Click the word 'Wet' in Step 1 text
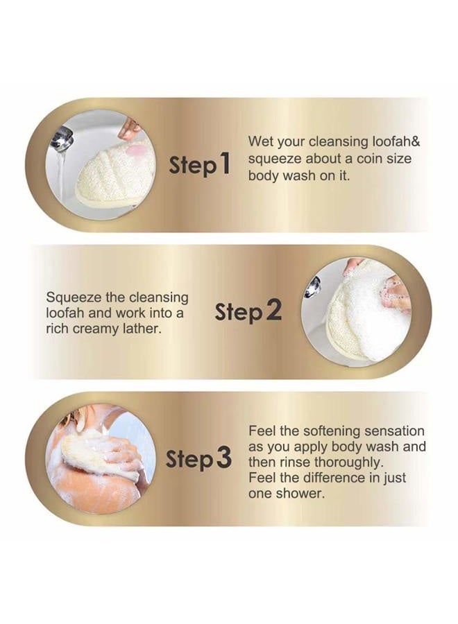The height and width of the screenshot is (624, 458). point(261,142)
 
